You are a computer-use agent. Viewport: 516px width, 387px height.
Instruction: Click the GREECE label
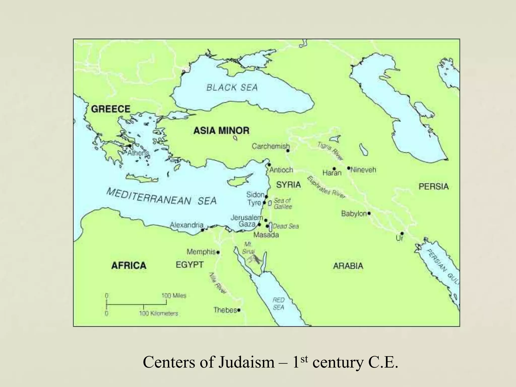pyautogui.click(x=111, y=109)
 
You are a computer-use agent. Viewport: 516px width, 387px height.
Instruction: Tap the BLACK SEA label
pyautogui.click(x=232, y=87)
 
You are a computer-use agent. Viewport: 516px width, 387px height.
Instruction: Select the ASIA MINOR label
pyautogui.click(x=221, y=131)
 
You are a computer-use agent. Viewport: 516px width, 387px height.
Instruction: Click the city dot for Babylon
pyautogui.click(x=369, y=213)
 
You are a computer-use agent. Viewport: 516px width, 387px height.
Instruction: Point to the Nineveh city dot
pyautogui.click(x=349, y=168)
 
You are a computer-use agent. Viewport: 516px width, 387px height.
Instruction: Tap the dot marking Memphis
pyautogui.click(x=218, y=252)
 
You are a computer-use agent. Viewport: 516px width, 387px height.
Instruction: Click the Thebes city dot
pyautogui.click(x=239, y=310)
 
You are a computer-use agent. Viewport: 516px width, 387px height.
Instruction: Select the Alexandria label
pyautogui.click(x=186, y=225)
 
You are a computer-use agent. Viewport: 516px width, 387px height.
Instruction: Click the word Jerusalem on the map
pyautogui.click(x=247, y=217)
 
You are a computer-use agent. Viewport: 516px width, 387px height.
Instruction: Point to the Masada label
pyautogui.click(x=266, y=235)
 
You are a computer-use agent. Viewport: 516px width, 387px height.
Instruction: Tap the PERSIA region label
pyautogui.click(x=434, y=186)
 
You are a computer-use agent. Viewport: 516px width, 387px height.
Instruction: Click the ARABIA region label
pyautogui.click(x=348, y=266)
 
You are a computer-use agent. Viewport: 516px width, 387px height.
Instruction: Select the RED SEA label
pyautogui.click(x=278, y=303)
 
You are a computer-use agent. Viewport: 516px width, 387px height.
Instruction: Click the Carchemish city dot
pyautogui.click(x=288, y=151)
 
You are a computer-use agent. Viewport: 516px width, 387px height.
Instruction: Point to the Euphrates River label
pyautogui.click(x=326, y=187)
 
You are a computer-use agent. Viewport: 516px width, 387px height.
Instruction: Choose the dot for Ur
pyautogui.click(x=402, y=233)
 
